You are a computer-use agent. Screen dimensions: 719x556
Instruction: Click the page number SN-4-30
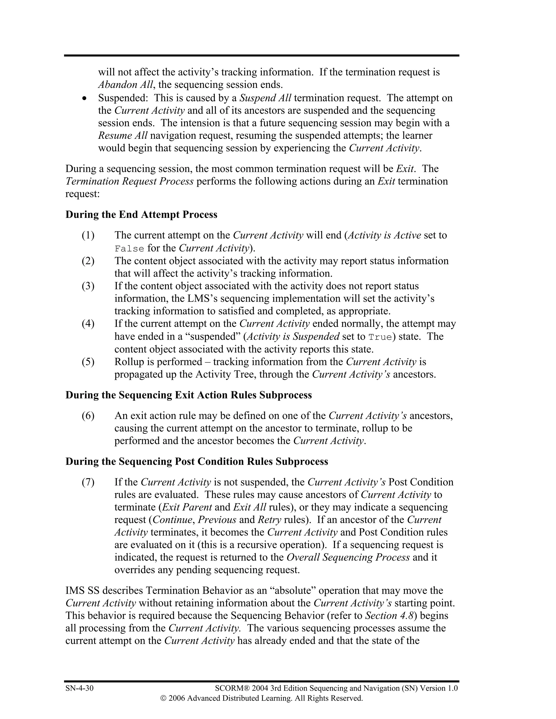click(x=79, y=688)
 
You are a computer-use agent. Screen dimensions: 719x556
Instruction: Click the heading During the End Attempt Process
click(x=141, y=214)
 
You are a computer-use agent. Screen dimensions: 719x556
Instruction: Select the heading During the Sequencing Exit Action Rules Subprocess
click(x=188, y=395)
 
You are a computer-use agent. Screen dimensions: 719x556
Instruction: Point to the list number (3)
click(x=88, y=286)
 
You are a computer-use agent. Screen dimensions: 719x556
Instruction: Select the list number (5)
click(x=88, y=361)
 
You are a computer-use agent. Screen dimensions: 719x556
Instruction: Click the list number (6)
click(x=88, y=415)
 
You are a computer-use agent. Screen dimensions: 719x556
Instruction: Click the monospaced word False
click(x=129, y=249)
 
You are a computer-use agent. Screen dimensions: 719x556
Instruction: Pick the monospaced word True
click(x=380, y=337)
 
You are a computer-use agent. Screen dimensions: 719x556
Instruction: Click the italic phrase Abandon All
click(x=125, y=85)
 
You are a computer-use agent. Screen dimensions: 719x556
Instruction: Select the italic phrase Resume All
click(x=122, y=135)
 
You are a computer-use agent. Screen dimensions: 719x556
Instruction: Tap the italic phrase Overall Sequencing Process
click(x=348, y=557)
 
